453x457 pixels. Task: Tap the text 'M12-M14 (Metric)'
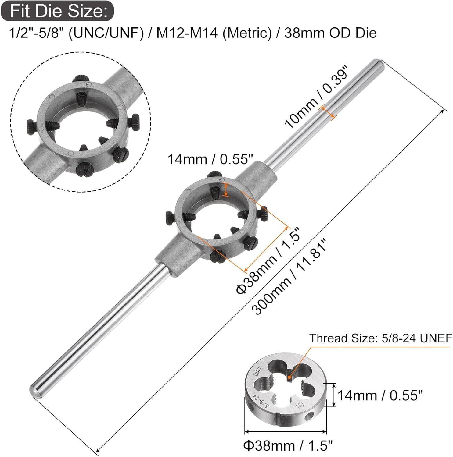click(x=214, y=33)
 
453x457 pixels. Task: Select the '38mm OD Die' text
click(x=330, y=33)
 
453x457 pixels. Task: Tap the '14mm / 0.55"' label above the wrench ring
click(x=210, y=159)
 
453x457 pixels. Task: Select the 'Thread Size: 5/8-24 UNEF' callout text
click(x=380, y=338)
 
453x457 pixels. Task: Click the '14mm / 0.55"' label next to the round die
click(x=380, y=395)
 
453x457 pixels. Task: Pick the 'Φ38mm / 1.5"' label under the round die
click(x=288, y=446)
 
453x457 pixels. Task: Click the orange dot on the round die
click(x=289, y=377)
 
